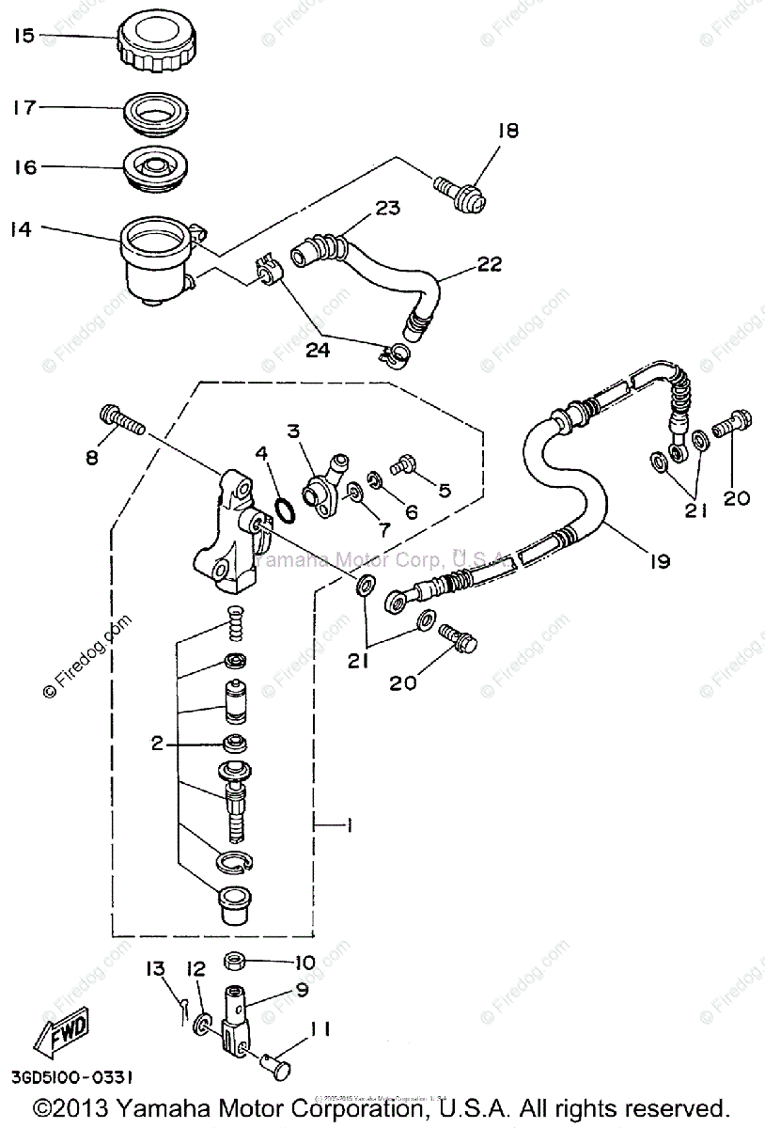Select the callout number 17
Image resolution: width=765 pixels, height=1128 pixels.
tap(23, 107)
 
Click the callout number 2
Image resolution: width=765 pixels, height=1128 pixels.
tap(156, 743)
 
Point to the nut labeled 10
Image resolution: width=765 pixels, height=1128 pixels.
tap(237, 962)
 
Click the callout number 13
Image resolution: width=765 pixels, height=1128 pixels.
tap(155, 969)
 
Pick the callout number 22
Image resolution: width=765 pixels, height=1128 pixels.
tap(487, 266)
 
